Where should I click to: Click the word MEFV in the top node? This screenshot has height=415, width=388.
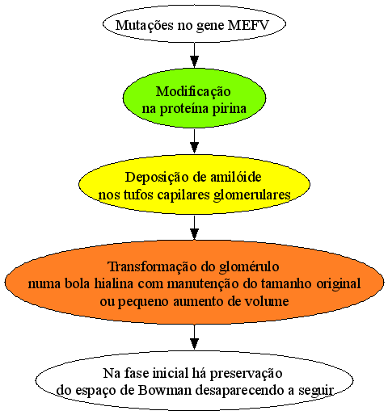pyautogui.click(x=248, y=25)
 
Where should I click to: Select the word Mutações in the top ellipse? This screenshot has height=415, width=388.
pyautogui.click(x=145, y=26)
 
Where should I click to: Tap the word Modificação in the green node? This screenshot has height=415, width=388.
pyautogui.click(x=193, y=92)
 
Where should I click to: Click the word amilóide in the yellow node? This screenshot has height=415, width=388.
pyautogui.click(x=235, y=177)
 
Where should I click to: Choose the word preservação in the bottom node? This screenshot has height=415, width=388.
pyautogui.click(x=246, y=374)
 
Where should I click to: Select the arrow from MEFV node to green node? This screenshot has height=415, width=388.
pyautogui.click(x=194, y=55)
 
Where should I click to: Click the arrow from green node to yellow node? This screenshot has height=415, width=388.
pyautogui.click(x=194, y=141)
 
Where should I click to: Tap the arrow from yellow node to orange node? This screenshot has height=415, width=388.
pyautogui.click(x=194, y=228)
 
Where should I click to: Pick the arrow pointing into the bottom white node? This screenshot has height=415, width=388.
pyautogui.click(x=194, y=337)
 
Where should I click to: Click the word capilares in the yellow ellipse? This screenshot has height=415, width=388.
pyautogui.click(x=183, y=195)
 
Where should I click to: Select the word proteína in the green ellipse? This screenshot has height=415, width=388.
pyautogui.click(x=184, y=109)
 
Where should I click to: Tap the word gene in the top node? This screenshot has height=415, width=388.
pyautogui.click(x=210, y=27)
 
